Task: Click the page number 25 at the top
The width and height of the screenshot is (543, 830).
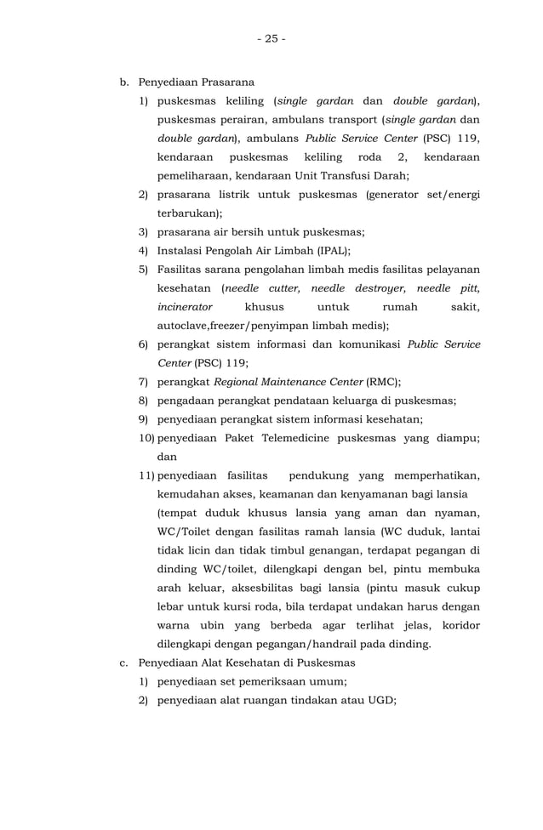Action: pos(271,39)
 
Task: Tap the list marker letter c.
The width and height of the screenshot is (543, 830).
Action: pos(124,662)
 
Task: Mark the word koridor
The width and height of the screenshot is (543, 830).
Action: pos(457,625)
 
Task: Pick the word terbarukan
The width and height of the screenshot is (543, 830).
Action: pos(187,213)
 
